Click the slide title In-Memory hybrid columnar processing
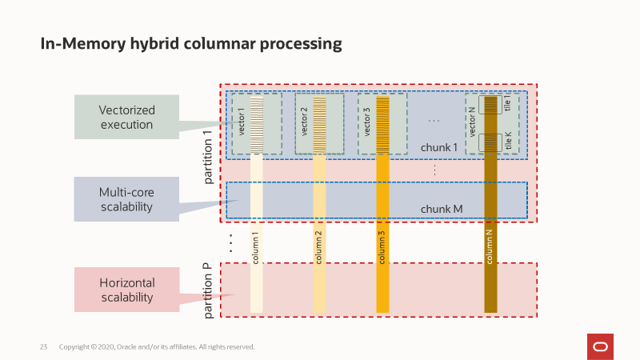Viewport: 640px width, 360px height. (x=191, y=44)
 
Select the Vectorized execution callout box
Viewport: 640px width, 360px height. (x=126, y=117)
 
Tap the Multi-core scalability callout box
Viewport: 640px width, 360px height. (x=126, y=199)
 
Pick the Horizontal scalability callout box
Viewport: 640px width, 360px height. (x=126, y=290)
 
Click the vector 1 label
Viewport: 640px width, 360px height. (x=241, y=123)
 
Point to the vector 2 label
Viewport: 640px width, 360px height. (x=304, y=123)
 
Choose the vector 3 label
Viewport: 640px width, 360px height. (x=367, y=123)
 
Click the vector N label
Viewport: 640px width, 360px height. (x=473, y=122)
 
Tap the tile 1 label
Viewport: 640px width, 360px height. (x=507, y=104)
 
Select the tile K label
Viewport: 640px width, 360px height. (x=507, y=142)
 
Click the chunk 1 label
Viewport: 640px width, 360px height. (x=439, y=148)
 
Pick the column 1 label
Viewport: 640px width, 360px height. (x=256, y=247)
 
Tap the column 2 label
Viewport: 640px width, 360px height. (x=319, y=247)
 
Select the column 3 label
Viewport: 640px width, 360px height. (x=382, y=247)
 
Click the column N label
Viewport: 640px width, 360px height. (x=490, y=247)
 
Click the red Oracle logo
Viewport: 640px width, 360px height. (x=600, y=346)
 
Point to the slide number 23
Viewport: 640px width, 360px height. (x=44, y=347)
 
